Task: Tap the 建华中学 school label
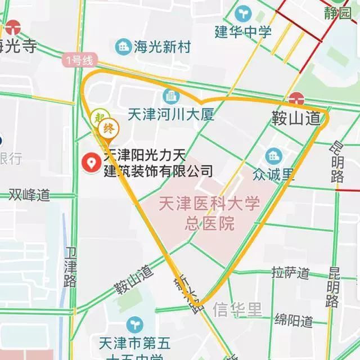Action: tap(244, 31)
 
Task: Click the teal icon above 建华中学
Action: tap(244, 12)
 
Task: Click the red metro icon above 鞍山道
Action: tap(296, 99)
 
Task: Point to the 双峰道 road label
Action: tap(29, 195)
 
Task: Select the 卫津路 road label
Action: tap(70, 267)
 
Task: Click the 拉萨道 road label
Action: tap(290, 273)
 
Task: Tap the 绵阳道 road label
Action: tap(294, 321)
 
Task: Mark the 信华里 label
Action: tap(237, 309)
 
